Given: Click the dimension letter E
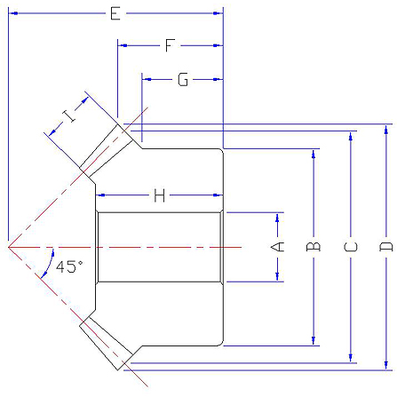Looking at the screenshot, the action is click(x=115, y=13).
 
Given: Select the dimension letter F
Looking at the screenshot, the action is click(x=170, y=45).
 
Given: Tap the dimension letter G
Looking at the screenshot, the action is click(x=183, y=80).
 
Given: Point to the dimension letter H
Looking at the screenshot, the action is click(x=159, y=195).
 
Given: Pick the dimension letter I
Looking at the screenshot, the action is click(x=69, y=115).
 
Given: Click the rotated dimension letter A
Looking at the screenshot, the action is click(x=277, y=247).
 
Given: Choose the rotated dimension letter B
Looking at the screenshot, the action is click(x=314, y=247).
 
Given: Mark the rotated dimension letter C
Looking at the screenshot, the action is click(x=351, y=247).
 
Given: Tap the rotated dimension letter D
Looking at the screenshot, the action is click(x=385, y=247).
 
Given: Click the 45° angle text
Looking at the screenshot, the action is click(x=69, y=266).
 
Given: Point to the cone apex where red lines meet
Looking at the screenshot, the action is click(x=9, y=247).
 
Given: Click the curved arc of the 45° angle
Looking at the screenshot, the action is click(x=50, y=264).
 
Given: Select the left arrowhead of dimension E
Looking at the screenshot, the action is click(x=13, y=13).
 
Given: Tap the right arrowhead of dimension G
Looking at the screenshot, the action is click(x=218, y=79).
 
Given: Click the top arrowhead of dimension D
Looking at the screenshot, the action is click(x=385, y=130).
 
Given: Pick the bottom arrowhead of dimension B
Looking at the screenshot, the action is click(x=314, y=340).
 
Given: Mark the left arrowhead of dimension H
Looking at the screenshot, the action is click(x=100, y=195).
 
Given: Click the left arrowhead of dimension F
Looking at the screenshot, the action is click(x=123, y=45).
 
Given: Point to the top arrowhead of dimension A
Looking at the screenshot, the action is click(x=277, y=218).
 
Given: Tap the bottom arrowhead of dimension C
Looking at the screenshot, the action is click(x=351, y=358).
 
